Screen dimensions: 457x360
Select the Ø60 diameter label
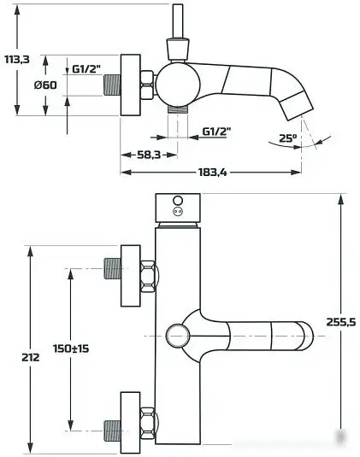pos(45,85)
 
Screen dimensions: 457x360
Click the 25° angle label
pos(286,138)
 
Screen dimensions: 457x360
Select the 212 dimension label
pos(29,357)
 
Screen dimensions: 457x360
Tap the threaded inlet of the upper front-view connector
pos(111,268)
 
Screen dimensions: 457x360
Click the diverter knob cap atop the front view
pos(178,208)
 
